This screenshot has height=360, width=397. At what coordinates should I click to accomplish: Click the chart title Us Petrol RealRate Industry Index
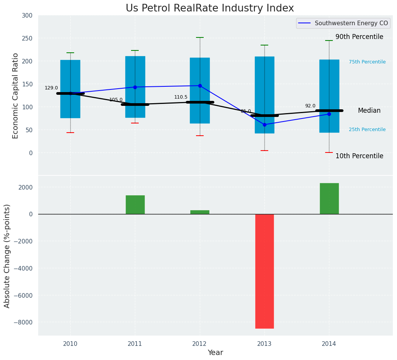tap(210, 8)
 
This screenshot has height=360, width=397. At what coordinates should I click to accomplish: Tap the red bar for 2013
tap(264, 271)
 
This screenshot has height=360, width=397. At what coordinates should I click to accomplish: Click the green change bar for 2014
tap(329, 199)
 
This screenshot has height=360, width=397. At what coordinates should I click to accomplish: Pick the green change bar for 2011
tap(135, 205)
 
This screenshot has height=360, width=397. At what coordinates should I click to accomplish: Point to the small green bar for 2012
tap(199, 212)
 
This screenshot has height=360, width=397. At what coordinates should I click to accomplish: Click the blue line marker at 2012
tap(200, 86)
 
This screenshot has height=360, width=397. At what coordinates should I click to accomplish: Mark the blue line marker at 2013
tap(264, 125)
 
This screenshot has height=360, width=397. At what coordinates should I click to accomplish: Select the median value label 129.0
tap(51, 88)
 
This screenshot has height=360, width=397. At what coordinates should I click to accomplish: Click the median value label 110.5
tap(181, 97)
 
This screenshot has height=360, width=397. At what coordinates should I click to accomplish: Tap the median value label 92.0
tap(310, 106)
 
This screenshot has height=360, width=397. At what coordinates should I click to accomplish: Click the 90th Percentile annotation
tap(359, 37)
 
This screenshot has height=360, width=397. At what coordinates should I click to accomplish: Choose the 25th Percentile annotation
tap(367, 130)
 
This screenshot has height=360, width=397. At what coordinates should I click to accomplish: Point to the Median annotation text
tap(369, 110)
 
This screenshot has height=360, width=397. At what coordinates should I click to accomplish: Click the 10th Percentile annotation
tap(359, 156)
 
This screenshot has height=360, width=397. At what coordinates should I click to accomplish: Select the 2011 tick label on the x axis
tap(135, 344)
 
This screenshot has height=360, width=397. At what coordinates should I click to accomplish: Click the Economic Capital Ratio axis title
tap(16, 96)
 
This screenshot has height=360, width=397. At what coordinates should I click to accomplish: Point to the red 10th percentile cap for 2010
tap(70, 133)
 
